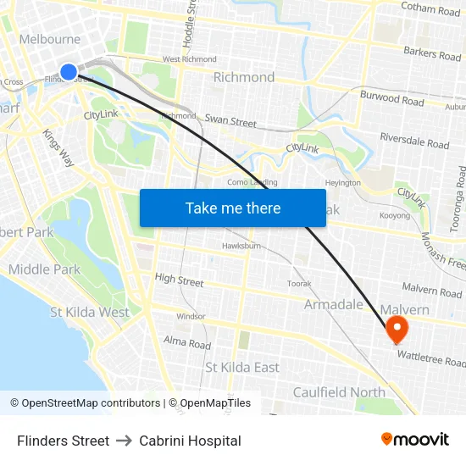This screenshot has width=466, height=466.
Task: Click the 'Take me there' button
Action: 233,208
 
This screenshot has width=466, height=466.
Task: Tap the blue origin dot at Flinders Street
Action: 69,71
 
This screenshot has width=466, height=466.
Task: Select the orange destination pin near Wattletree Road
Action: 396,328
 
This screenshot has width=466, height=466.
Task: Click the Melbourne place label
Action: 49,39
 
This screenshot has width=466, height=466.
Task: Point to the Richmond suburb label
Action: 244,77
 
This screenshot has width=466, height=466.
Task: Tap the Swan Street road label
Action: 230,122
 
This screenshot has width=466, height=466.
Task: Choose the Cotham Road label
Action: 430,10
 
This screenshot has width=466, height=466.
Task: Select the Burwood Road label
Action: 391,101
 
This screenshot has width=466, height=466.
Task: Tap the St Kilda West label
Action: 90,312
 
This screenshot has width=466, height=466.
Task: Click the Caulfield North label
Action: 338,391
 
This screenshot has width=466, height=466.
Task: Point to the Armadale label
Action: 333,304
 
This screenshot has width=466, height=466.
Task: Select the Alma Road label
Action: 186,344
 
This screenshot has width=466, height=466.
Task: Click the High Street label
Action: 179,280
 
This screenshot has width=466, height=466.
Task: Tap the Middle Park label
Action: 44,269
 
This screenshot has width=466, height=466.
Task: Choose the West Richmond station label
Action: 189,59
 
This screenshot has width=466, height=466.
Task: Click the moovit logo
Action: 415,439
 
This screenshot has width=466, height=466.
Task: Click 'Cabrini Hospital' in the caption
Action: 190,441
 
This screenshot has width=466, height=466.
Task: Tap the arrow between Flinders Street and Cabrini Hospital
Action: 124,441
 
